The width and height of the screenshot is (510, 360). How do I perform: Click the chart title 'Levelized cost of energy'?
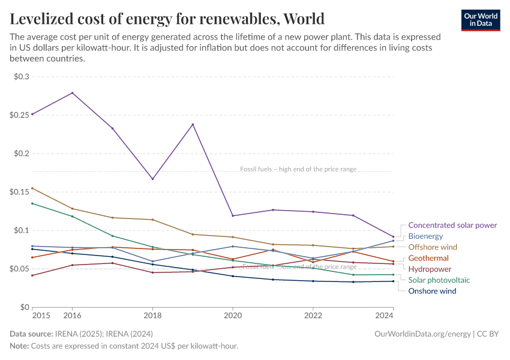tap(167, 19)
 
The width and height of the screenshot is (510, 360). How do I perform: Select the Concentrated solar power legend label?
tap(452, 225)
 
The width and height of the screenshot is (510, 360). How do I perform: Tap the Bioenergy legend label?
tap(425, 236)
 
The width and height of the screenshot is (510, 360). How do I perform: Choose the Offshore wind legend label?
tap(433, 247)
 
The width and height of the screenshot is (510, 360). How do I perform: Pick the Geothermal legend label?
tap(428, 258)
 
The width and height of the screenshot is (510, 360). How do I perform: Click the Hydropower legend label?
tap(430, 269)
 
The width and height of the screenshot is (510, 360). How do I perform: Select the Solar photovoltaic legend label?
tap(439, 280)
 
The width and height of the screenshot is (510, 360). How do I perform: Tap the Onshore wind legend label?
tap(432, 291)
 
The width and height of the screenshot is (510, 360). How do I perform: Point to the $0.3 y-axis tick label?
tap(21, 77)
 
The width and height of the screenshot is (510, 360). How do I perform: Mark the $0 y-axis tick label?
tap(24, 307)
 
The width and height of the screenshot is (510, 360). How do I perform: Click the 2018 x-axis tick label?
tap(152, 316)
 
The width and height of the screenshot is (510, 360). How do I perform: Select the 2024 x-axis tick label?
tap(384, 316)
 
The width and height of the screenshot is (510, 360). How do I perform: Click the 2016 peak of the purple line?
tap(73, 93)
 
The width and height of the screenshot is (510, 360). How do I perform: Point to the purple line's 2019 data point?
tap(193, 124)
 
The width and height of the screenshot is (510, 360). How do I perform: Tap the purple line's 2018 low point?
tap(152, 179)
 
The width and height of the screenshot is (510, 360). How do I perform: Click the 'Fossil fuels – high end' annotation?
tap(298, 169)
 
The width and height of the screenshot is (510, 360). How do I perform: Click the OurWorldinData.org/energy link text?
tap(422, 334)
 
